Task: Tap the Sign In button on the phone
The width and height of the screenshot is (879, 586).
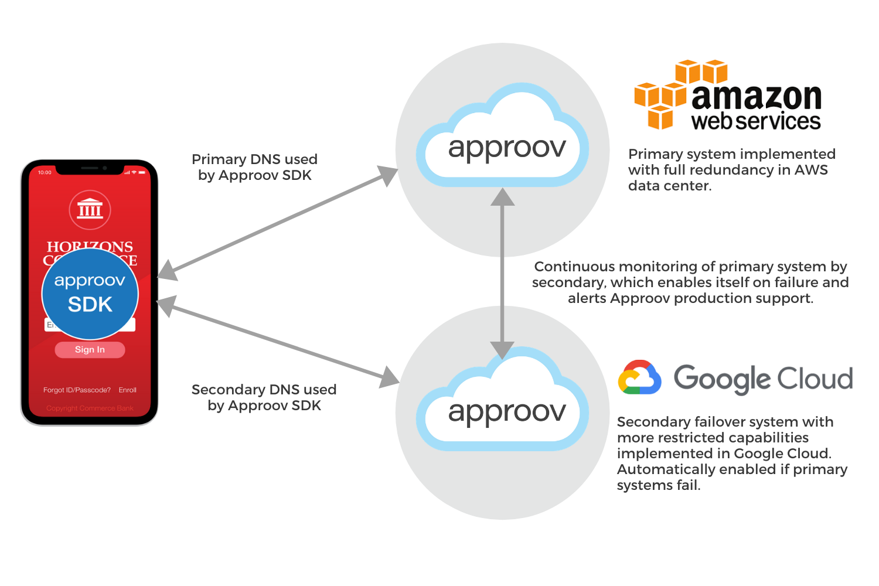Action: (x=90, y=350)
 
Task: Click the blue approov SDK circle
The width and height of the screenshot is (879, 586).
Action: (x=90, y=294)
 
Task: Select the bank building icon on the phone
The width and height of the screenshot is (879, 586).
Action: (x=90, y=209)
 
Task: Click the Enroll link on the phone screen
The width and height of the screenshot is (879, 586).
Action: (x=127, y=390)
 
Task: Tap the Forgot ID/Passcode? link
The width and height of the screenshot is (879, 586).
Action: (x=77, y=390)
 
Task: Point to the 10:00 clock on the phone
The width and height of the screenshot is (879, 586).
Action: (x=45, y=172)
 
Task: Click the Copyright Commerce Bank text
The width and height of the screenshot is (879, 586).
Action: (x=90, y=408)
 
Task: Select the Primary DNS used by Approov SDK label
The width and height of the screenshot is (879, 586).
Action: (x=254, y=167)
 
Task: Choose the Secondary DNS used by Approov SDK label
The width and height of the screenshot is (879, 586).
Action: (x=264, y=397)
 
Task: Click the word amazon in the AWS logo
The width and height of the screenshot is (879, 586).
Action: (x=757, y=97)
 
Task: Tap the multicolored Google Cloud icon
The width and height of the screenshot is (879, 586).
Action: (x=639, y=377)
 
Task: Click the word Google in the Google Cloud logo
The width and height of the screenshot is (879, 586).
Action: (x=721, y=379)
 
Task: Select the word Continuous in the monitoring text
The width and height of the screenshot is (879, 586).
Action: (x=574, y=267)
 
